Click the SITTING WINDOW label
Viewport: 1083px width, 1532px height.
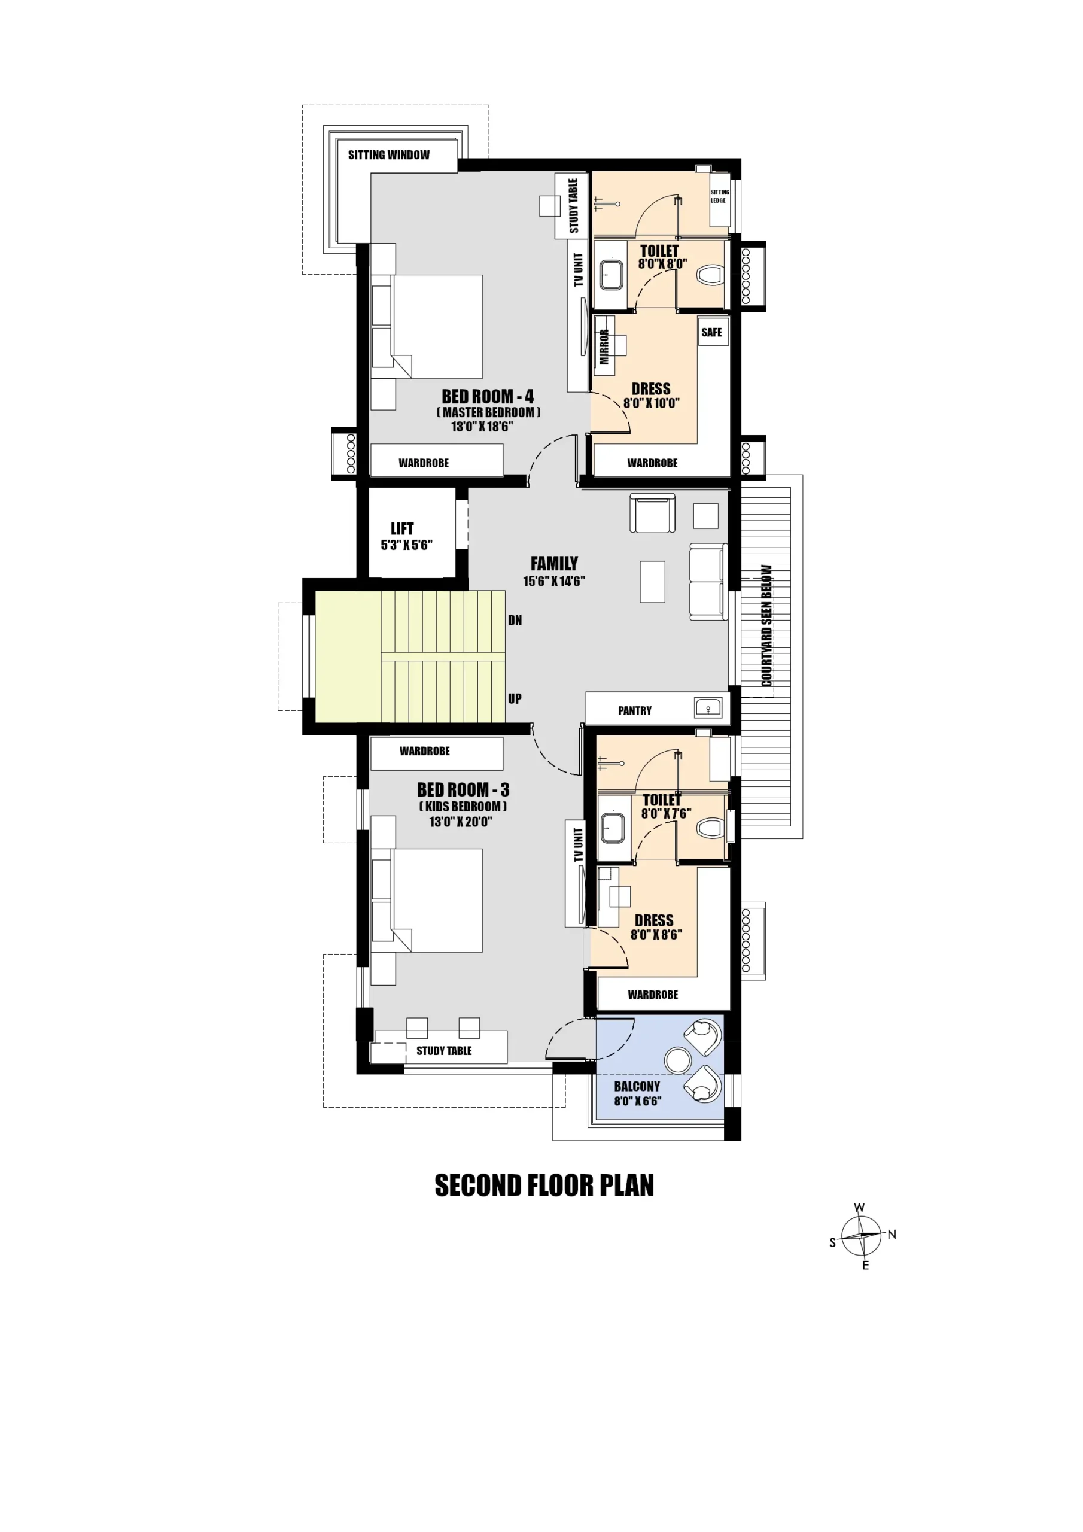tap(388, 155)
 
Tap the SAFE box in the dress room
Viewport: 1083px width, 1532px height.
tap(712, 332)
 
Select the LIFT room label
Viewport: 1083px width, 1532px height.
tap(401, 528)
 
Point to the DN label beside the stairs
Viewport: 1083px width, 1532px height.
tap(515, 620)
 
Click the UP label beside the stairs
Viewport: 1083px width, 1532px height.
tap(515, 698)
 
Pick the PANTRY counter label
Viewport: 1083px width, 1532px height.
tap(635, 710)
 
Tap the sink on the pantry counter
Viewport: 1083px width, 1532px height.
tap(708, 707)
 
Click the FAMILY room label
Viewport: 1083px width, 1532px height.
tap(554, 563)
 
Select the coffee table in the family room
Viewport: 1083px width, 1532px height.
tap(653, 582)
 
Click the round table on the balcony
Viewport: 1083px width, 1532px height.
tap(679, 1060)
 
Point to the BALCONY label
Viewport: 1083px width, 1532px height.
tap(637, 1086)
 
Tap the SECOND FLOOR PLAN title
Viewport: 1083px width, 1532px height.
tap(544, 1186)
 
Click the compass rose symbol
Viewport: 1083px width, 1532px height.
tap(862, 1236)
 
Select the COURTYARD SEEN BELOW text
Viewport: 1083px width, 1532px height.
tap(766, 626)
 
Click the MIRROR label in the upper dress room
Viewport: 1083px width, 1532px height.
tap(604, 347)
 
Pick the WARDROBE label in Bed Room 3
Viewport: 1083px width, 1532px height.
tap(424, 751)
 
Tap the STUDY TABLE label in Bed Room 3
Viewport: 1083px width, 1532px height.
tap(444, 1051)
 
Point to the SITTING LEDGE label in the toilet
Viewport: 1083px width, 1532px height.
tap(719, 196)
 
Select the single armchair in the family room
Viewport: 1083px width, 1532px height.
tap(653, 513)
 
